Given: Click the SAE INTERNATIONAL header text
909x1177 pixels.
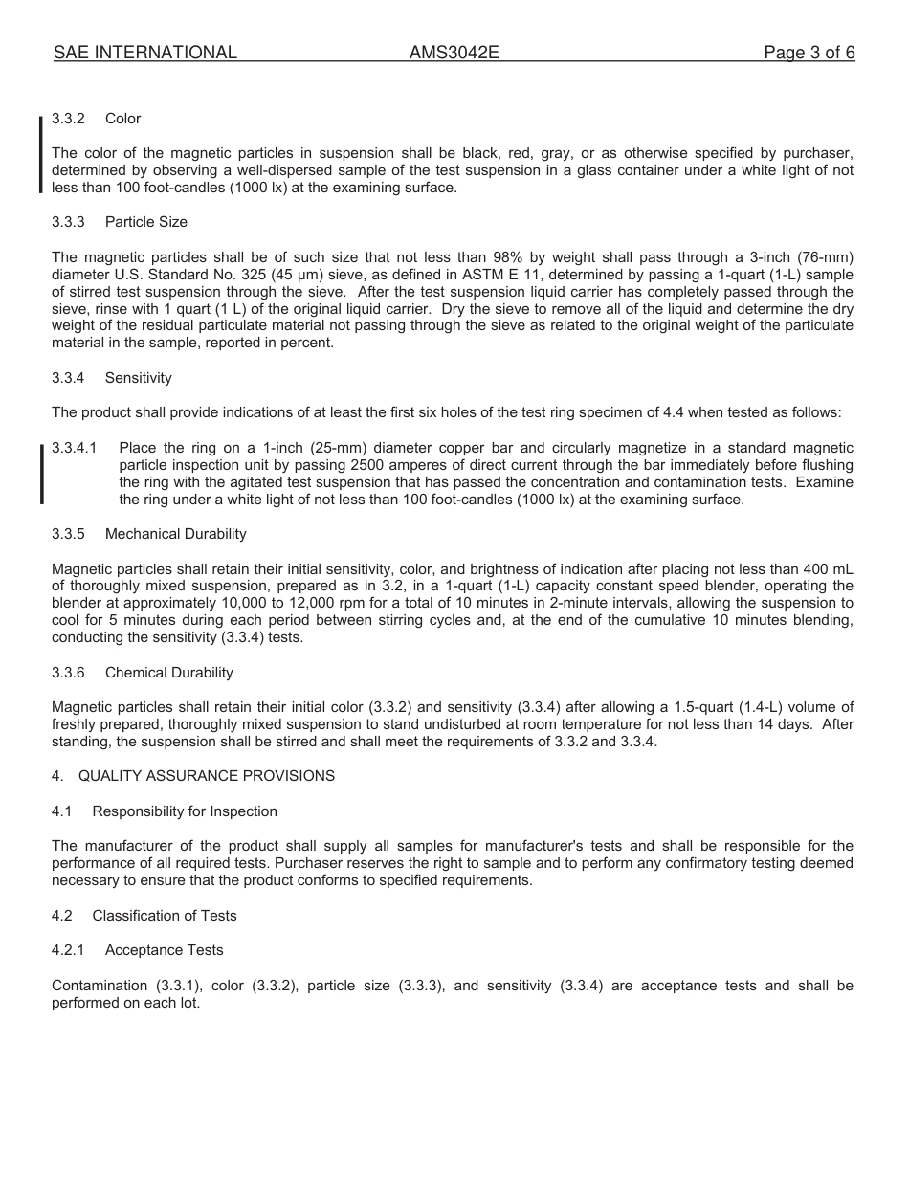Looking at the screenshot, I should (x=145, y=53).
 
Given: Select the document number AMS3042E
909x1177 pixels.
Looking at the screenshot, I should (x=454, y=53).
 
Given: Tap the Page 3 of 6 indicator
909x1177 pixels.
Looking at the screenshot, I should (x=809, y=53).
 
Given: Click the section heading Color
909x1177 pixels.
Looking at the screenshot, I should (x=122, y=119).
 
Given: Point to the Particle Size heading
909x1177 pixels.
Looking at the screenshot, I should (x=145, y=222).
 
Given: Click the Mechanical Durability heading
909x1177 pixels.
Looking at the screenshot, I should (x=175, y=534).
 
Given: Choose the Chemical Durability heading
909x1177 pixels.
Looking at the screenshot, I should (x=168, y=673).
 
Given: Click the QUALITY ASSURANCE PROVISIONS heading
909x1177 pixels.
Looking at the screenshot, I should (x=207, y=776).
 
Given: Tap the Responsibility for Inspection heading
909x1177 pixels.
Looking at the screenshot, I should (x=185, y=811).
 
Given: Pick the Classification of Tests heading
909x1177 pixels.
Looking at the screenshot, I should (x=165, y=916).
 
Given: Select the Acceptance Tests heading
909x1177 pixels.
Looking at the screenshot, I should (x=164, y=950).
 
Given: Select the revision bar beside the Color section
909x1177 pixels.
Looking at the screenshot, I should (x=41, y=153).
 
